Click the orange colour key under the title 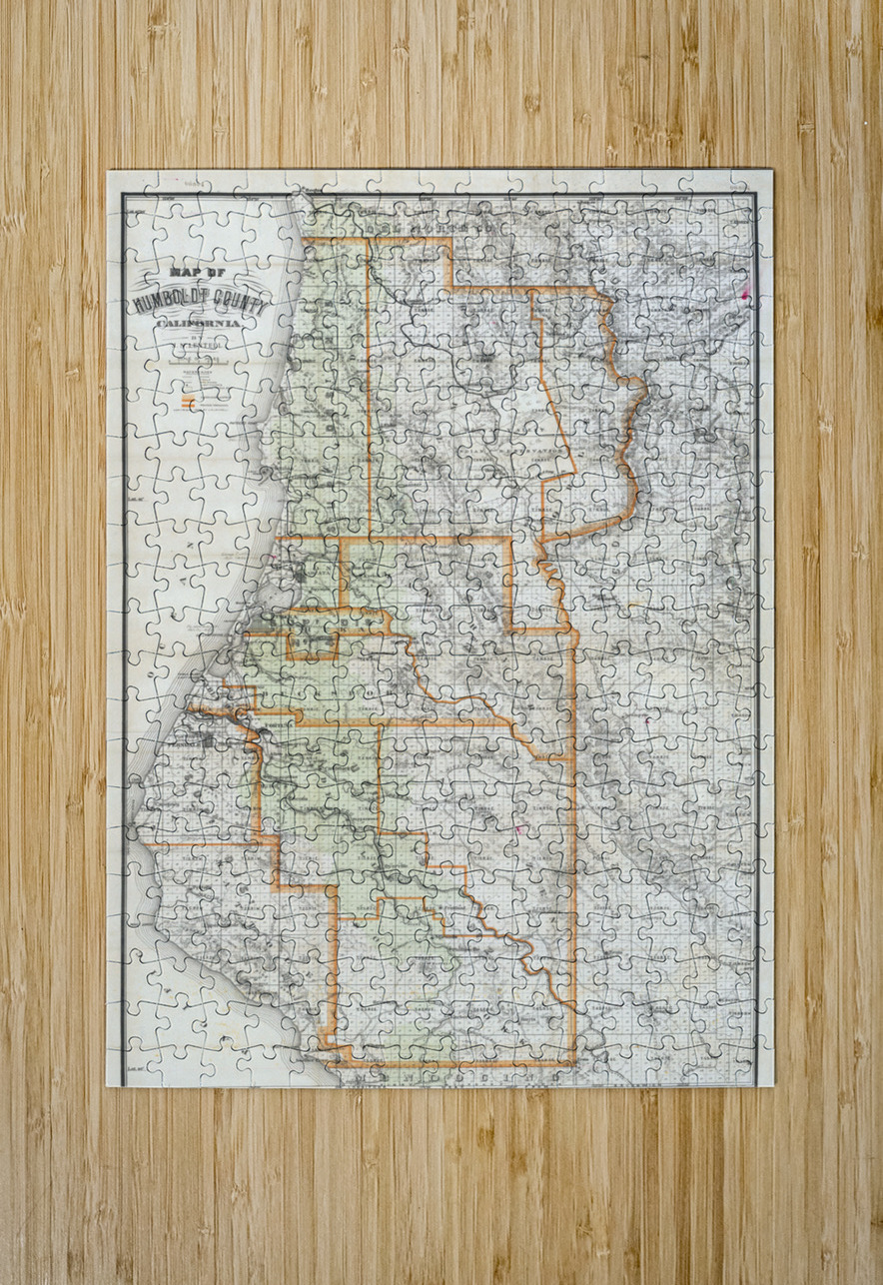[186, 403]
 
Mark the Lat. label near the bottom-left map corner [138, 1066]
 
